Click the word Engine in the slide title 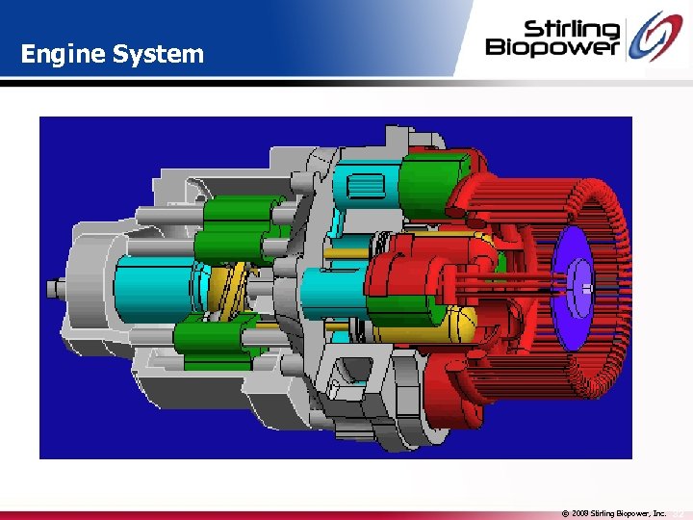pos(63,55)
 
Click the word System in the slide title pos(158,55)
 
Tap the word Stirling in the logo pos(572,29)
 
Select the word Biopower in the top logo pos(552,46)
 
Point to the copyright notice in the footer pos(613,513)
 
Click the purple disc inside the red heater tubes pos(573,287)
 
